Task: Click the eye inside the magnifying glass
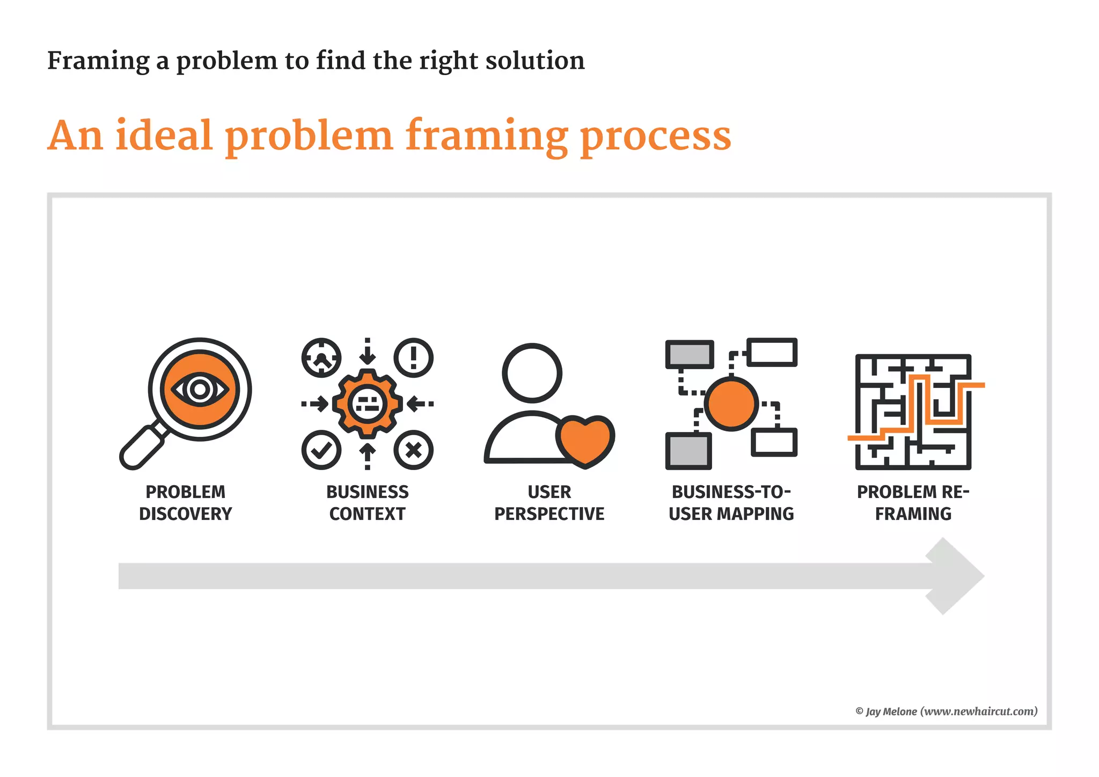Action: click(200, 390)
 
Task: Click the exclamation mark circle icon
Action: click(413, 357)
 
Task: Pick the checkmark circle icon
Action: click(321, 450)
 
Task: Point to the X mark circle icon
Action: click(413, 450)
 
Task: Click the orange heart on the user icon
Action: click(585, 439)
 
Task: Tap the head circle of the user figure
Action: click(532, 373)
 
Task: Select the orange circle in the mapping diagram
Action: click(731, 404)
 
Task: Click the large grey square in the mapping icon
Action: click(688, 451)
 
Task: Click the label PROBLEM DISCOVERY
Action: click(186, 503)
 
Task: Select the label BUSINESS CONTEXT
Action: click(367, 503)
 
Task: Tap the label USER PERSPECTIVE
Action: click(549, 503)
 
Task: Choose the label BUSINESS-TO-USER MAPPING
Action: click(731, 503)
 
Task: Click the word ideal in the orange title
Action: click(164, 135)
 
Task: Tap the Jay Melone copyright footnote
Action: click(946, 712)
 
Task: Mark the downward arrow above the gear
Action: click(367, 353)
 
